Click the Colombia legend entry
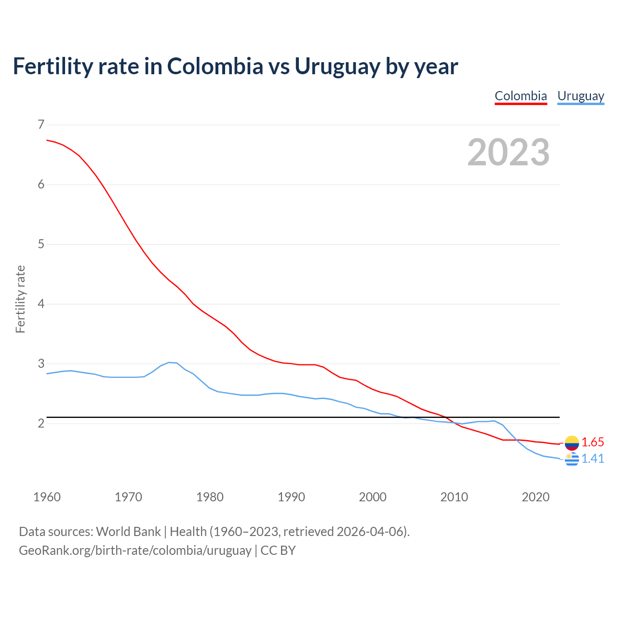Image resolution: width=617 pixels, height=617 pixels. (x=521, y=96)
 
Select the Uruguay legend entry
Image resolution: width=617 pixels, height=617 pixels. (x=580, y=96)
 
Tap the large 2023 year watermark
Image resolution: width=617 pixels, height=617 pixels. (x=509, y=152)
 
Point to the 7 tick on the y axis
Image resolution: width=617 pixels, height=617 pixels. (x=41, y=124)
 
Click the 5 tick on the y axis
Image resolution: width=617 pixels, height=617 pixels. (x=41, y=244)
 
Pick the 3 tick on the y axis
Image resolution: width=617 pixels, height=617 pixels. (x=41, y=363)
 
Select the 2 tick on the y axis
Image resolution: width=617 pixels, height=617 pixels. (x=41, y=423)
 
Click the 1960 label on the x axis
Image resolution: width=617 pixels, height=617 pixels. (x=47, y=497)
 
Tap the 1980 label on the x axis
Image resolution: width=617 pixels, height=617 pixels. (x=210, y=497)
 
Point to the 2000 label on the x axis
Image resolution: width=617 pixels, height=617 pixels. (x=373, y=497)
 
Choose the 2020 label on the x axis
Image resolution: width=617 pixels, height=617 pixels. (x=536, y=497)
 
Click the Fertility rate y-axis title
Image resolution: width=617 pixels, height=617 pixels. (x=20, y=299)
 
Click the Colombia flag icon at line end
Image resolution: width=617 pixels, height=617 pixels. (x=572, y=443)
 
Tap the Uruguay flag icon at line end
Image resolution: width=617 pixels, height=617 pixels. (x=572, y=459)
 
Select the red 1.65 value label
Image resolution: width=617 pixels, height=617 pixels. (x=592, y=443)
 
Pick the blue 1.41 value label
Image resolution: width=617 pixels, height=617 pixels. (x=592, y=459)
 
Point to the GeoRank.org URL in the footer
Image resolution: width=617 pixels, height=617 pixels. (x=135, y=550)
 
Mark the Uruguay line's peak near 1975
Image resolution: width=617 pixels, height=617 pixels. (x=169, y=362)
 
